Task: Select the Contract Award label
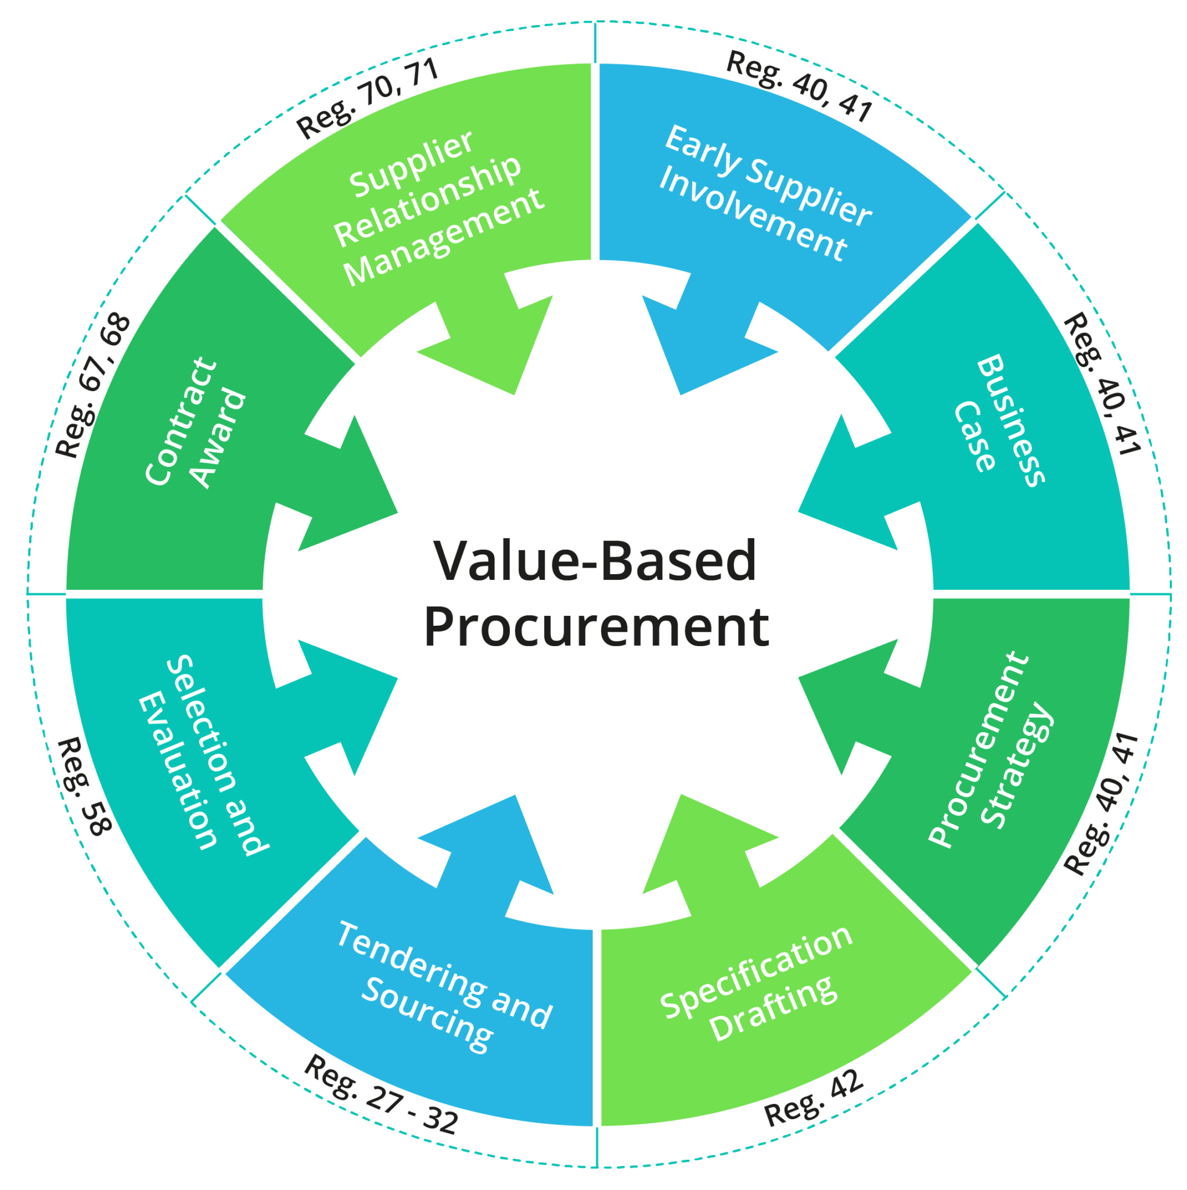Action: coord(196,422)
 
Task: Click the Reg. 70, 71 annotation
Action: coord(368,98)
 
